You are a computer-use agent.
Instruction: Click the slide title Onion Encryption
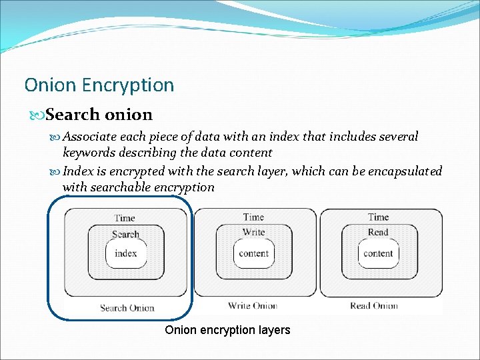99,85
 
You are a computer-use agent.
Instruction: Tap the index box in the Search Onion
125,253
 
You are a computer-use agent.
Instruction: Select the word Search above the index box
125,234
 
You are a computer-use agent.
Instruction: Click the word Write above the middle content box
253,232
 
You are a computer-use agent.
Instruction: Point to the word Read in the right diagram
378,232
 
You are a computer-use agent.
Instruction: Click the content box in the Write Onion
253,253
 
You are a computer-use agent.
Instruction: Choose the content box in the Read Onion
378,253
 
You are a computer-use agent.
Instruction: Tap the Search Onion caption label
127,308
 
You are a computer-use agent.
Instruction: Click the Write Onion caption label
253,306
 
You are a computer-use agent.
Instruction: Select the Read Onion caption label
373,306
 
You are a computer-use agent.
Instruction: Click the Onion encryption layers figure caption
227,330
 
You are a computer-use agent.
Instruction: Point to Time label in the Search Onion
125,217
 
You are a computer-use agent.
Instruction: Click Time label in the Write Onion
253,217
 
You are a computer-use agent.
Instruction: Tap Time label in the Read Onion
378,217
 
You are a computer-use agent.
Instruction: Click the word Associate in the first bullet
90,137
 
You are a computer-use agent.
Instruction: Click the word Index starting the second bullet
78,171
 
